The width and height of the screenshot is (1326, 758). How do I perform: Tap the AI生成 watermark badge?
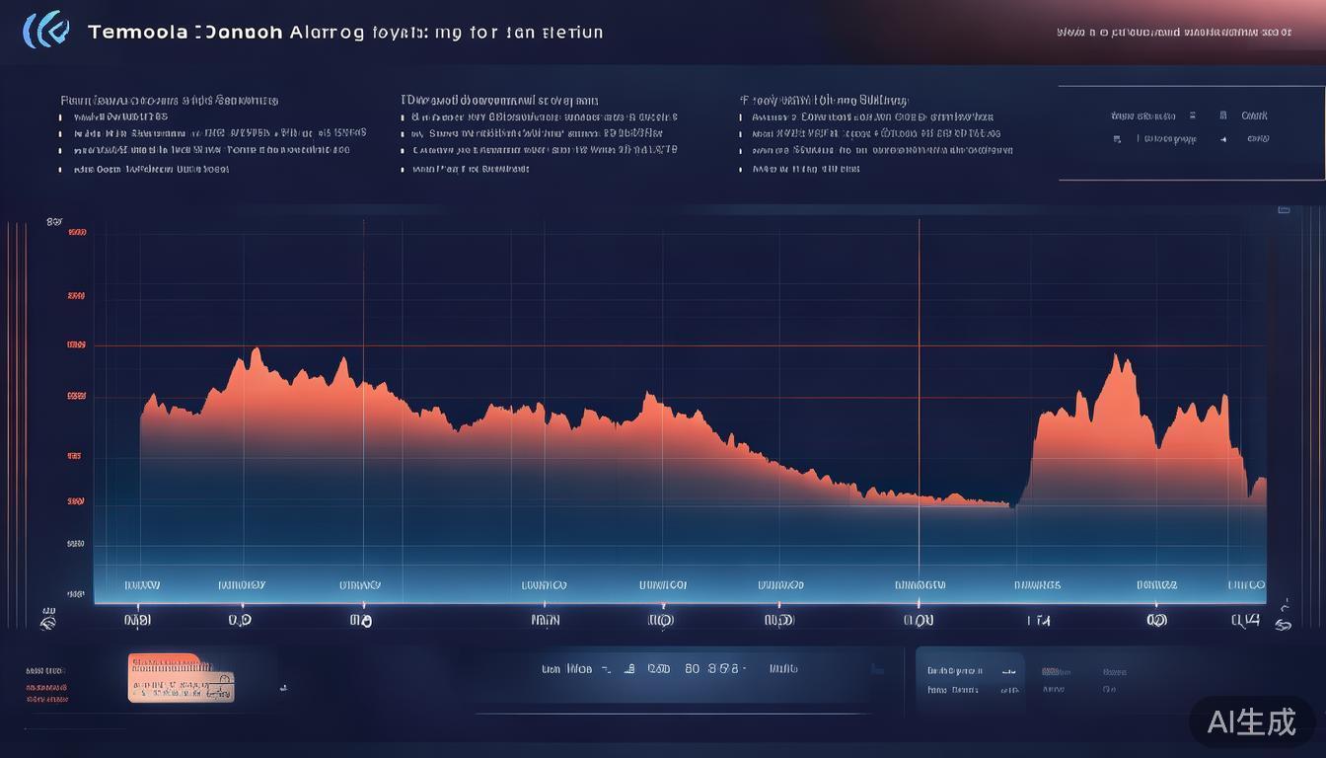[x=1252, y=721]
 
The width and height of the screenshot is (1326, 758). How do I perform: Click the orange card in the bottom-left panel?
[x=181, y=678]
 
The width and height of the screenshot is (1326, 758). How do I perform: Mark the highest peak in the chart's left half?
[x=256, y=349]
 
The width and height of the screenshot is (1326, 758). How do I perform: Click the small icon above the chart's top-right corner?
[x=1284, y=209]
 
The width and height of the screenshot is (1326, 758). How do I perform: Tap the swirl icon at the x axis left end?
[x=47, y=623]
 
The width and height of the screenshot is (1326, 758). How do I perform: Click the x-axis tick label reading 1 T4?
[x=1038, y=621]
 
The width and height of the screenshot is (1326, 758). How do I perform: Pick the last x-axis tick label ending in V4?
[x=1246, y=621]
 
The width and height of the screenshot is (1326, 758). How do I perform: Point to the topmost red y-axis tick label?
[x=77, y=233]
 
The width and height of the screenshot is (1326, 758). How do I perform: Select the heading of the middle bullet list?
[x=499, y=100]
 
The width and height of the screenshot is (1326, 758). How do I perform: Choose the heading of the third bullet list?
[x=825, y=100]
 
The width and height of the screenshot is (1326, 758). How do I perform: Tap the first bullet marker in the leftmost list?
[x=61, y=117]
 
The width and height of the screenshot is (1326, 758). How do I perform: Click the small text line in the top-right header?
[x=1174, y=32]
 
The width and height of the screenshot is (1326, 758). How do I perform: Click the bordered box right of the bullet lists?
[x=1190, y=132]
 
